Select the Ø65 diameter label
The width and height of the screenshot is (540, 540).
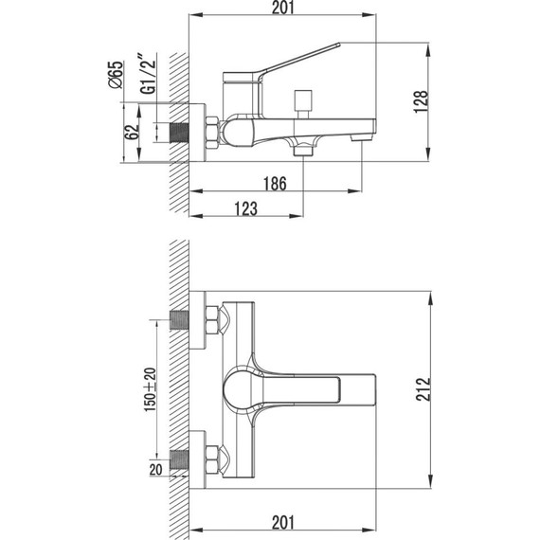[x=115, y=74]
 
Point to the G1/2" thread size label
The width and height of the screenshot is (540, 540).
[x=145, y=73]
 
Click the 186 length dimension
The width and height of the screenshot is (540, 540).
[x=276, y=184]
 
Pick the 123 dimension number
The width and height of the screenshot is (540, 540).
[x=244, y=208]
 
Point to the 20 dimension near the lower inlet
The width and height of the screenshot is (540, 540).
[x=153, y=465]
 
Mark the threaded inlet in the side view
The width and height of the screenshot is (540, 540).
[x=177, y=130]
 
